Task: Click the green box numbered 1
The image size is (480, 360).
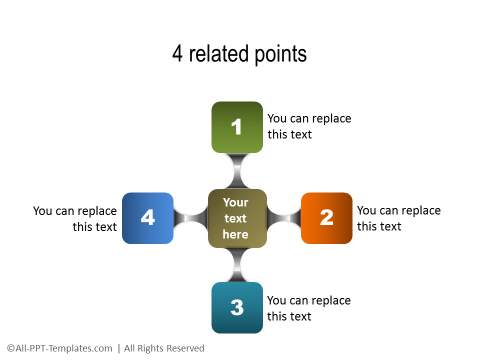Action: (x=237, y=127)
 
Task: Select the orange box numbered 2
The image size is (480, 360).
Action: (x=326, y=218)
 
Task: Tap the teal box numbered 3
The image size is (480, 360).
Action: (x=237, y=307)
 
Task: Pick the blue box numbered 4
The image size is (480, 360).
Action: (x=148, y=218)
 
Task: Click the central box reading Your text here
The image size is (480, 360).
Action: (x=237, y=218)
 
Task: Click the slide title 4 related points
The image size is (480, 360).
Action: (x=239, y=54)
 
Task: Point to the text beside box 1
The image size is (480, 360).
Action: (x=309, y=127)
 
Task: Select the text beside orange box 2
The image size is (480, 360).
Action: (x=398, y=218)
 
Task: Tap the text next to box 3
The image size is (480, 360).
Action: (x=309, y=308)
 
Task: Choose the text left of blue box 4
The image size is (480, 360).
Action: (x=76, y=218)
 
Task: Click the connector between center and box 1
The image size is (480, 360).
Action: (x=237, y=170)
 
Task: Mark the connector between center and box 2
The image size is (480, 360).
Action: (x=284, y=218)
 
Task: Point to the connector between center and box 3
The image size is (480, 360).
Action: (x=237, y=265)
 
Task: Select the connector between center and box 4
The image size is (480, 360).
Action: (x=190, y=218)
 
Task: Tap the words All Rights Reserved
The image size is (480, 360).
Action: (x=164, y=348)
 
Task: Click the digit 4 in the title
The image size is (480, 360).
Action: (x=178, y=54)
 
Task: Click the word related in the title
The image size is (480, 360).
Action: (x=219, y=54)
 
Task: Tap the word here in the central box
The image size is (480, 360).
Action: (x=236, y=234)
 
